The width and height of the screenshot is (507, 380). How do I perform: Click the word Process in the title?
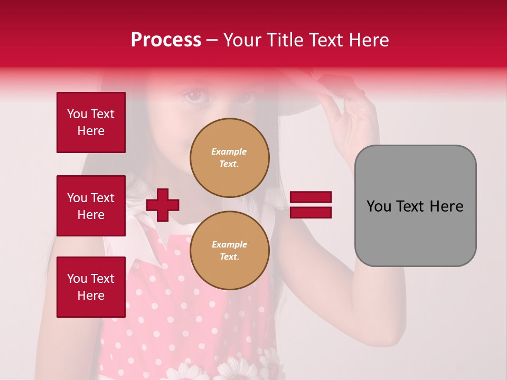coord(166,40)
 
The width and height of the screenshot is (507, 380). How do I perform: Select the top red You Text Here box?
coord(91,122)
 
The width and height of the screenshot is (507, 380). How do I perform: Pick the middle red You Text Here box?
coord(91,206)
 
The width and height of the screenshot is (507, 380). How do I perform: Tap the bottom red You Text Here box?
coord(91,287)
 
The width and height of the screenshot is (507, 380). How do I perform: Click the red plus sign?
coord(163,205)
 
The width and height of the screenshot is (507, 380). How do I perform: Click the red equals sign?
coord(311,205)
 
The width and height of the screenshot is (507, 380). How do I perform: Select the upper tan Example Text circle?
coord(229,158)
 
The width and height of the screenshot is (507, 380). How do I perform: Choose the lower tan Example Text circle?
coord(229,251)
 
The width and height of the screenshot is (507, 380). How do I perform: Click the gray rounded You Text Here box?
coord(415,206)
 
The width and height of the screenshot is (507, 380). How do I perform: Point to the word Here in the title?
coord(368,40)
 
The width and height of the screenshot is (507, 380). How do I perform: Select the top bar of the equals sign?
coord(311,197)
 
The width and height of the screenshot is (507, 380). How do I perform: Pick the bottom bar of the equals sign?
coord(311,213)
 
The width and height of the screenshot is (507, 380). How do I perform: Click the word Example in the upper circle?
coord(229,152)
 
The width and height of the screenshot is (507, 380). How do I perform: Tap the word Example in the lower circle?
coord(229,245)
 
